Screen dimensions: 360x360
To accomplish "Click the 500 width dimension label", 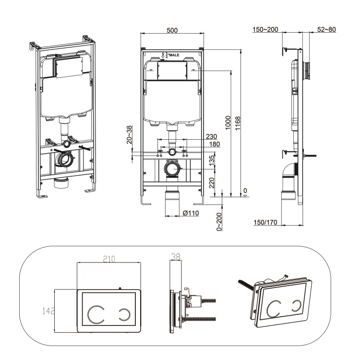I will (172, 30).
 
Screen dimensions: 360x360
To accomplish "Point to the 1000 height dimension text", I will (228, 122).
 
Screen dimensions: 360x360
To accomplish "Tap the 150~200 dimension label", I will (266, 30).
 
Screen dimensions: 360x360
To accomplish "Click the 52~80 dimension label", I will (326, 30).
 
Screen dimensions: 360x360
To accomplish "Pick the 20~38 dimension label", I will (129, 135).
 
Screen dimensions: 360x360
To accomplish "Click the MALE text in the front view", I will (174, 56).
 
